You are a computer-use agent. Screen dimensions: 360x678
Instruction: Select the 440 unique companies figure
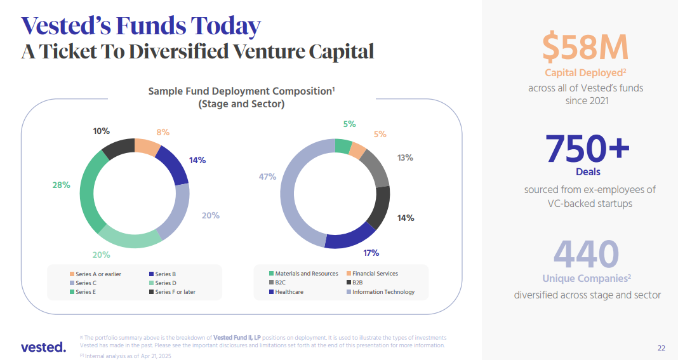(586, 254)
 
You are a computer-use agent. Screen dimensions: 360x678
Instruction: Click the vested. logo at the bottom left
(43, 347)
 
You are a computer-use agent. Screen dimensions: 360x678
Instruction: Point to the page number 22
(661, 348)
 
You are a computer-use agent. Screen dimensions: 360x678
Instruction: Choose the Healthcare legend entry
(289, 292)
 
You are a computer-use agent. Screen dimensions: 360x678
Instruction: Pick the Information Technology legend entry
(383, 292)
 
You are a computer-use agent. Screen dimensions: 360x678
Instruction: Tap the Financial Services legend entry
(375, 274)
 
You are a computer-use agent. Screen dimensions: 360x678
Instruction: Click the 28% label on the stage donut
(61, 185)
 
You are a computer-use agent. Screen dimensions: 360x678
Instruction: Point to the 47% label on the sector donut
(267, 177)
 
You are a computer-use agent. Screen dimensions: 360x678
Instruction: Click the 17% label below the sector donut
(371, 253)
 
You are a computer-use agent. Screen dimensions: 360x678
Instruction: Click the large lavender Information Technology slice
(293, 190)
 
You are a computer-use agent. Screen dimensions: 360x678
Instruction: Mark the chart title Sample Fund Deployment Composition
(241, 91)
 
